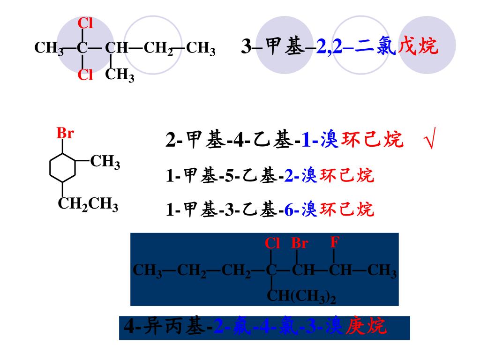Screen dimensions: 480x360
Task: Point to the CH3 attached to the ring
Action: point(105,162)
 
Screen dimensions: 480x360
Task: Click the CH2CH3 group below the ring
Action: point(88,204)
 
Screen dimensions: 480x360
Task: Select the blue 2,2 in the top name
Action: point(331,47)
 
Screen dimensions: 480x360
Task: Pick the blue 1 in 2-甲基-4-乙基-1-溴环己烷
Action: point(306,140)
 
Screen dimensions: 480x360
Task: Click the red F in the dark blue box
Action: point(334,242)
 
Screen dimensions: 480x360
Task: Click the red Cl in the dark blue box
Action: point(272,243)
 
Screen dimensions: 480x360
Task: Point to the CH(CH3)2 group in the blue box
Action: point(301,296)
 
